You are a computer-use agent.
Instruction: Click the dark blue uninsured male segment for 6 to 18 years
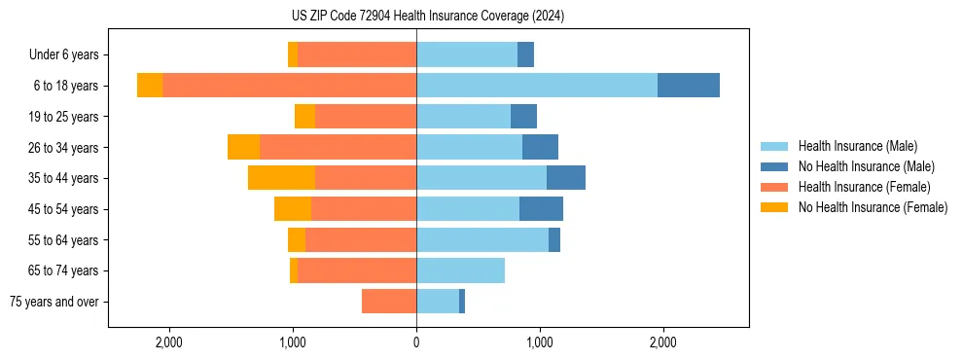(689, 86)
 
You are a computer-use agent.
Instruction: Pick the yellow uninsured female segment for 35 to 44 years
(281, 178)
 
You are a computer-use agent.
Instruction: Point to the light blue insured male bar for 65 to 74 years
(460, 270)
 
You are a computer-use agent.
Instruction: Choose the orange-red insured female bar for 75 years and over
(389, 302)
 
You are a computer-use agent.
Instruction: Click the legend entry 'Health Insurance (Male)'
(857, 147)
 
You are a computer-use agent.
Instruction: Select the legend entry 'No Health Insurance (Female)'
(873, 207)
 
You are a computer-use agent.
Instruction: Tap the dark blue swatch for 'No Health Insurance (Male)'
(774, 167)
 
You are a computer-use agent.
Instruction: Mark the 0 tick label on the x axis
(416, 342)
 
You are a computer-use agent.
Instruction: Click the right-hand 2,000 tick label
(662, 342)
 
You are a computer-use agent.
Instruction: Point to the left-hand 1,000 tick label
(293, 342)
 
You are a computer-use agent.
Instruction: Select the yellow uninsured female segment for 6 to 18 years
(150, 86)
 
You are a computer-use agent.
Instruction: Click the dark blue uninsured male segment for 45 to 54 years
(541, 209)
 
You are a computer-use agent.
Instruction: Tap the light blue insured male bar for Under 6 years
(467, 54)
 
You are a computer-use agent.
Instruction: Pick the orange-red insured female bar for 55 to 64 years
(361, 239)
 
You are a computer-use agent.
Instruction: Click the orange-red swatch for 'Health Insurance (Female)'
(774, 187)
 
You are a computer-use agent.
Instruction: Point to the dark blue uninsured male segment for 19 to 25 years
(523, 117)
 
